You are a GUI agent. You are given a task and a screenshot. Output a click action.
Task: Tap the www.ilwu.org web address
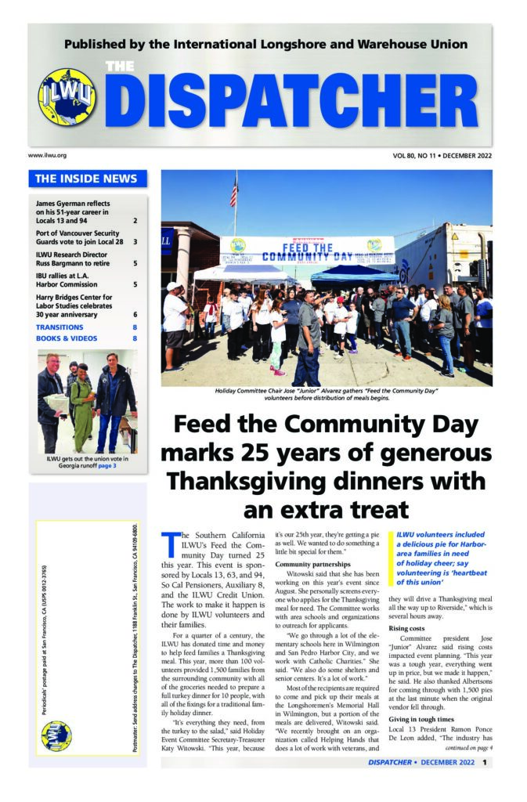(x=47, y=156)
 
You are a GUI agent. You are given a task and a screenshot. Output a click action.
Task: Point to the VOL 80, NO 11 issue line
(x=442, y=156)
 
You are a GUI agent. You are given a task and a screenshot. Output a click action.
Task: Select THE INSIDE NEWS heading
(x=86, y=179)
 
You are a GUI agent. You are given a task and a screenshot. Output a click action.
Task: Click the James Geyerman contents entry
(x=74, y=212)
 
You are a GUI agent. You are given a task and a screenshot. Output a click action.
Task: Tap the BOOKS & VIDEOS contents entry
(x=67, y=338)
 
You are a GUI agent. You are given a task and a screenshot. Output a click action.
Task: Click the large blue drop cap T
(x=167, y=541)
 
